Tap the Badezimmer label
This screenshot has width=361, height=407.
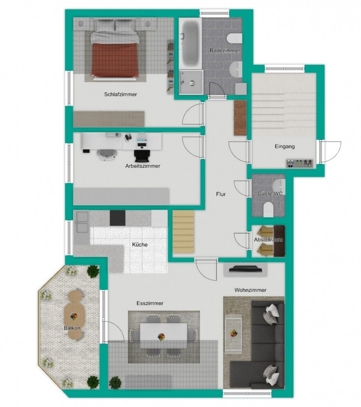pyautogui.click(x=225, y=51)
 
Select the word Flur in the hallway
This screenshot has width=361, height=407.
pyautogui.click(x=221, y=194)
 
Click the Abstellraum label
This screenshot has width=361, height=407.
pyautogui.click(x=268, y=239)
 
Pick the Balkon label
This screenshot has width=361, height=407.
pyautogui.click(x=73, y=328)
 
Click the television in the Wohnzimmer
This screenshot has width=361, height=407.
pyautogui.click(x=246, y=269)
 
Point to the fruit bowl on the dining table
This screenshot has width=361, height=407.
pyautogui.click(x=161, y=337)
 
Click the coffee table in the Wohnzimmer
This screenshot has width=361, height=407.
pyautogui.click(x=233, y=335)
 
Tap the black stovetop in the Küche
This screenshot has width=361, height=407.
pyautogui.click(x=117, y=218)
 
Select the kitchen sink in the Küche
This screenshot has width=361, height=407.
pyautogui.click(x=82, y=222)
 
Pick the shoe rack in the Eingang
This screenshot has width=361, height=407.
pyautogui.click(x=299, y=163)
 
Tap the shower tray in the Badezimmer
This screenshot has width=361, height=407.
pyautogui.click(x=191, y=82)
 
